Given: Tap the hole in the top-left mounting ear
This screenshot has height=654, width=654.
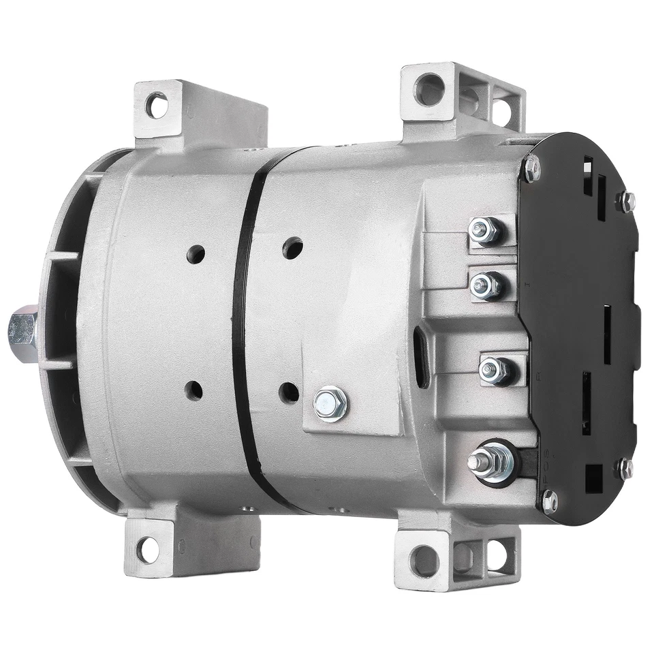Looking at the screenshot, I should point(157,106).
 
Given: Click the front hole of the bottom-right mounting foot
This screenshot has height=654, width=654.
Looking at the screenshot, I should point(424,560).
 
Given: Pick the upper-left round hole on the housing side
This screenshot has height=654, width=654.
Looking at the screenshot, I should point(196,254).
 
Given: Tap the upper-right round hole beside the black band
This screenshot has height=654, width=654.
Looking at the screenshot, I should point(293,247).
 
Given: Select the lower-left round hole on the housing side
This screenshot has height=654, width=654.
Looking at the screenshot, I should point(193,390).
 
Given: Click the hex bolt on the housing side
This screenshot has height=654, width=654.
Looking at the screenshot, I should point(331,404).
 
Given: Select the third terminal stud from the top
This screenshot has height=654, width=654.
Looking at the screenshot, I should point(495,370).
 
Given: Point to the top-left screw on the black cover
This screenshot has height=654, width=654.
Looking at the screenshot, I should point(531,168).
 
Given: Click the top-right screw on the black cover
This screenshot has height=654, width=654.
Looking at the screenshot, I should point(625,201).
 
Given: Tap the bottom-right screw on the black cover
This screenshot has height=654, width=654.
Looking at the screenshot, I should point(624,468).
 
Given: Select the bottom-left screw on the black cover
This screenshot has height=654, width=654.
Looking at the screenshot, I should point(548,502).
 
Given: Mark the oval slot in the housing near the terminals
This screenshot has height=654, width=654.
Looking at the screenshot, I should point(422,356).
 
